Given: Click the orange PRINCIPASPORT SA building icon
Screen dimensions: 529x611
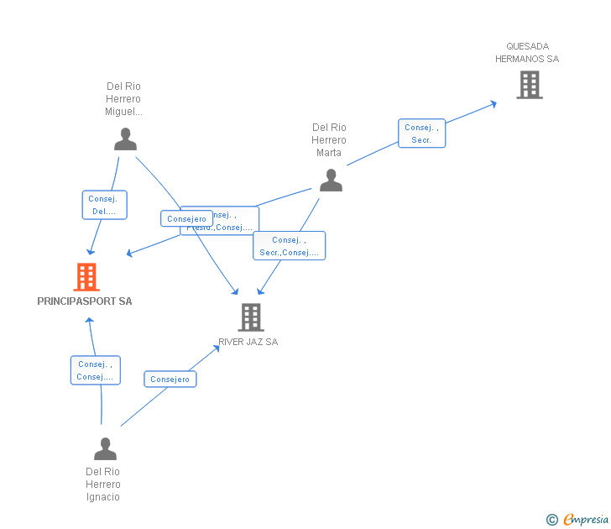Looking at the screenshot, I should [x=86, y=277].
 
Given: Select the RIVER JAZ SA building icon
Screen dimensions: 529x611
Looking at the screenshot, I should [x=251, y=317].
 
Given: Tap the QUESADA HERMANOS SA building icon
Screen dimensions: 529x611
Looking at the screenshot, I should [x=529, y=85].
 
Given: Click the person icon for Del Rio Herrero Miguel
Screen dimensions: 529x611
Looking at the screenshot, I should [x=125, y=139].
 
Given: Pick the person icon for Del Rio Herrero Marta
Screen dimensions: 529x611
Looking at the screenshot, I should [x=331, y=181].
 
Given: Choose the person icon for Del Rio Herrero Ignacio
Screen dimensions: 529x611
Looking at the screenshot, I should [x=105, y=449].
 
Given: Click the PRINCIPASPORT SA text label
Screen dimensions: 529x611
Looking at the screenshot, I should [x=85, y=301].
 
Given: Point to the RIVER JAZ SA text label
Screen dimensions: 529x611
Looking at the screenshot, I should [x=248, y=342].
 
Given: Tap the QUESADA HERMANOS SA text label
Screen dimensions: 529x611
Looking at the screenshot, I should [x=527, y=53].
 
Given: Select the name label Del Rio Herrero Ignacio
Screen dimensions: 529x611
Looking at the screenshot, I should [x=103, y=484].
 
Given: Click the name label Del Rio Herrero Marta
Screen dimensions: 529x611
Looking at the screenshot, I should [x=329, y=140].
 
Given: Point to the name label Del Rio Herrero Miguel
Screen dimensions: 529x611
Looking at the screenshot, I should [x=123, y=99].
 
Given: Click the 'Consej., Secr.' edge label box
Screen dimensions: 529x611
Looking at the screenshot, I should [x=421, y=134].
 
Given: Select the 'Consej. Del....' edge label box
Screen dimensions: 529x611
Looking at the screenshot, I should [x=105, y=205].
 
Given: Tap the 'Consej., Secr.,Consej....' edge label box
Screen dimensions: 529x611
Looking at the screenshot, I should [x=289, y=246].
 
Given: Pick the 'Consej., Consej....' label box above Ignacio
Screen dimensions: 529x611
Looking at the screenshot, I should [x=95, y=370].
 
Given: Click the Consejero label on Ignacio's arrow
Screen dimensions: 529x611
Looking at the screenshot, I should [x=170, y=380].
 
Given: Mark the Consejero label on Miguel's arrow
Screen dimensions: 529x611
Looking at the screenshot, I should [x=186, y=218].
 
